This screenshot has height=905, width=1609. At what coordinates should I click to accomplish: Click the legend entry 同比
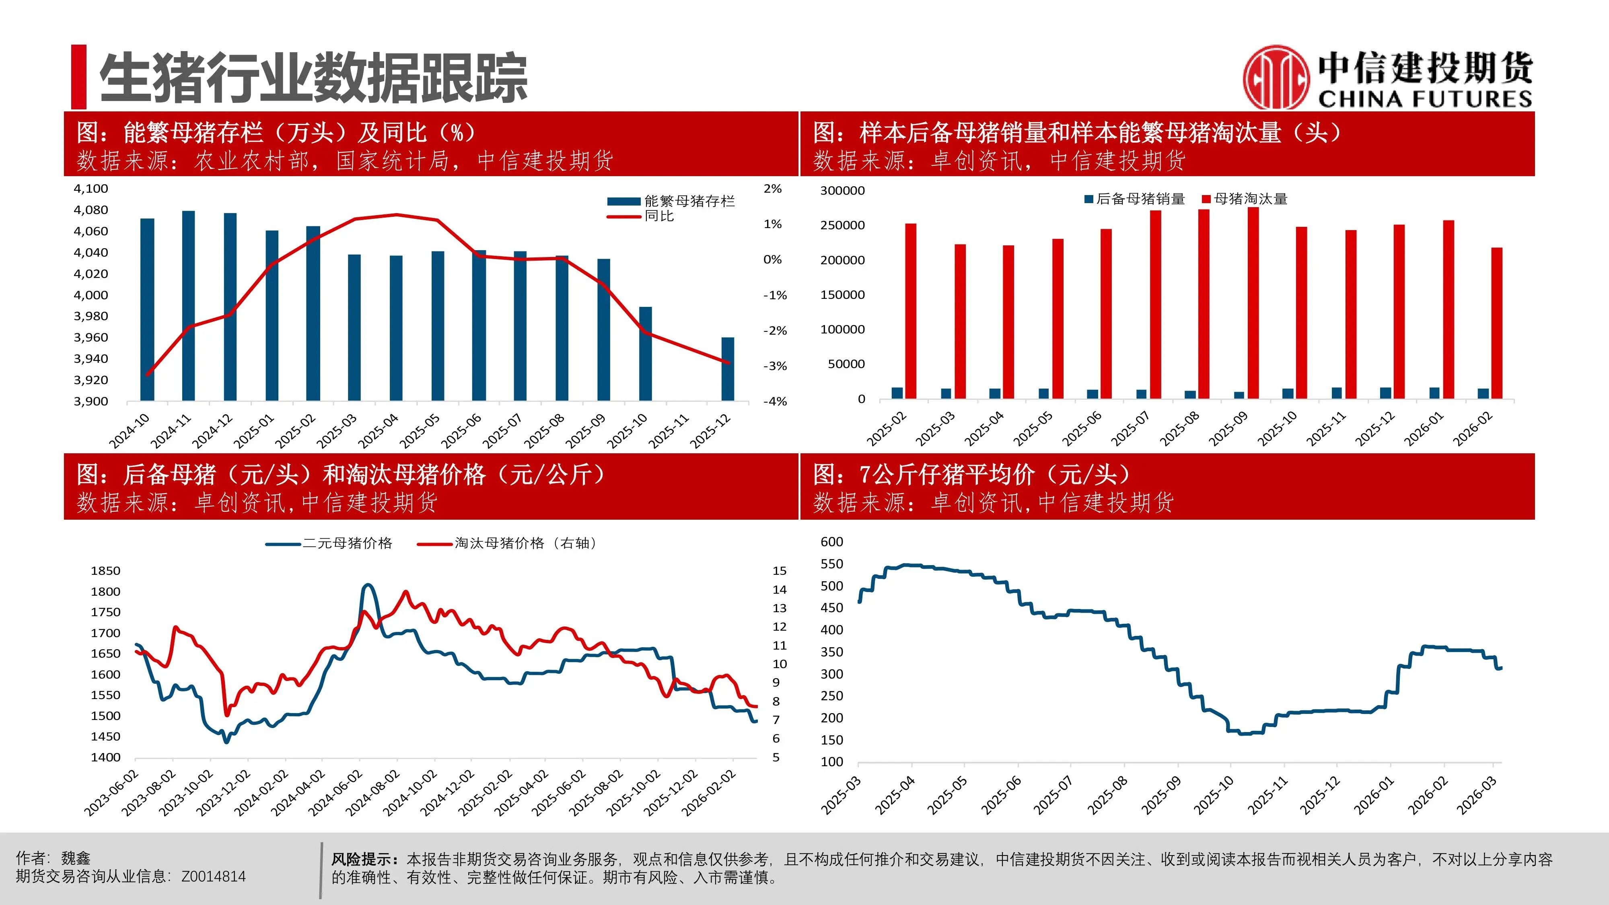[x=659, y=216]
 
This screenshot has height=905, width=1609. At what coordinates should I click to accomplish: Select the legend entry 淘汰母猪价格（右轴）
[x=525, y=543]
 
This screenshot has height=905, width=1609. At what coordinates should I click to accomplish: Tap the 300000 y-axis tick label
[x=842, y=191]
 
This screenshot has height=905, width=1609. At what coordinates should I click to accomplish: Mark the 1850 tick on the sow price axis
[x=105, y=571]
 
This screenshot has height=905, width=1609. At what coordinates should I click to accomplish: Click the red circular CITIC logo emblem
[x=1276, y=78]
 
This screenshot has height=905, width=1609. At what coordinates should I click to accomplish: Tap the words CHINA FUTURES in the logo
[x=1425, y=99]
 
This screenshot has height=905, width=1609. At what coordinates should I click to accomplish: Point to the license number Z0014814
[x=214, y=877]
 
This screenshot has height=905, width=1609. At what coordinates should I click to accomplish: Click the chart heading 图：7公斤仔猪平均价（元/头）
[x=971, y=475]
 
